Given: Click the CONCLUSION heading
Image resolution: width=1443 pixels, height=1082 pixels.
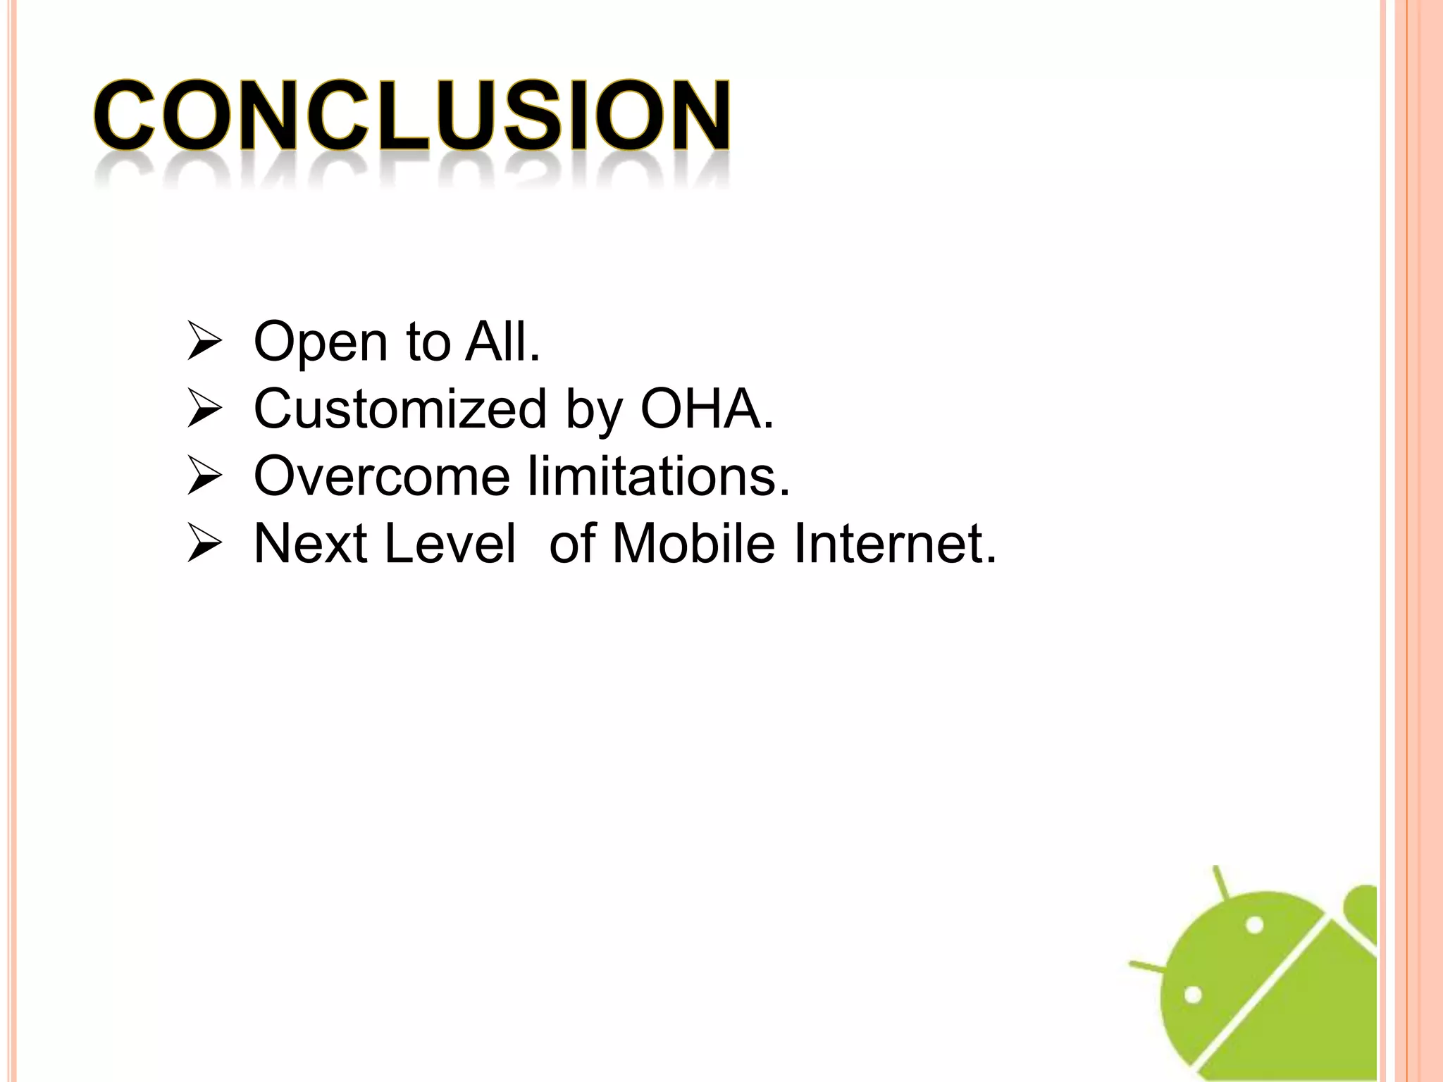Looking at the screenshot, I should [412, 116].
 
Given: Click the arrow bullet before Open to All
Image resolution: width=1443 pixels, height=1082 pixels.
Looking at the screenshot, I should [204, 342].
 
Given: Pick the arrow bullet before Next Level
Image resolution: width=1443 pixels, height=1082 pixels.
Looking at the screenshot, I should [204, 545].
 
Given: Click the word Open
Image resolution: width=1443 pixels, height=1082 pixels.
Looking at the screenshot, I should [321, 342].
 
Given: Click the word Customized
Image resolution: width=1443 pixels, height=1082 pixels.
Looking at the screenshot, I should [400, 409].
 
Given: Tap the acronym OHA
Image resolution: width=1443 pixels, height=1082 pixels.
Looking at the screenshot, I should [706, 409].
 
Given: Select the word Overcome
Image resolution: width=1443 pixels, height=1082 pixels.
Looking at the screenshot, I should [381, 476].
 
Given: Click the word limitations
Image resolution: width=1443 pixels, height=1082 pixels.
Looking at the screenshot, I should [659, 476].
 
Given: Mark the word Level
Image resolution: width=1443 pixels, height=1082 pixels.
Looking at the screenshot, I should [450, 544].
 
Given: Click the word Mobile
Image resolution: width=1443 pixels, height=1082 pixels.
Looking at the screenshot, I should [694, 544].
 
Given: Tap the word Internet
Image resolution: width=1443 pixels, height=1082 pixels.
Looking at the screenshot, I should [895, 544].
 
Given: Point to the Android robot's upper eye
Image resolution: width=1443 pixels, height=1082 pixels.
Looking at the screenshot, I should [1255, 925].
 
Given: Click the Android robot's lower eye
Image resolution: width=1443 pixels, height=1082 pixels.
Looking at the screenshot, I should [1192, 995].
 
